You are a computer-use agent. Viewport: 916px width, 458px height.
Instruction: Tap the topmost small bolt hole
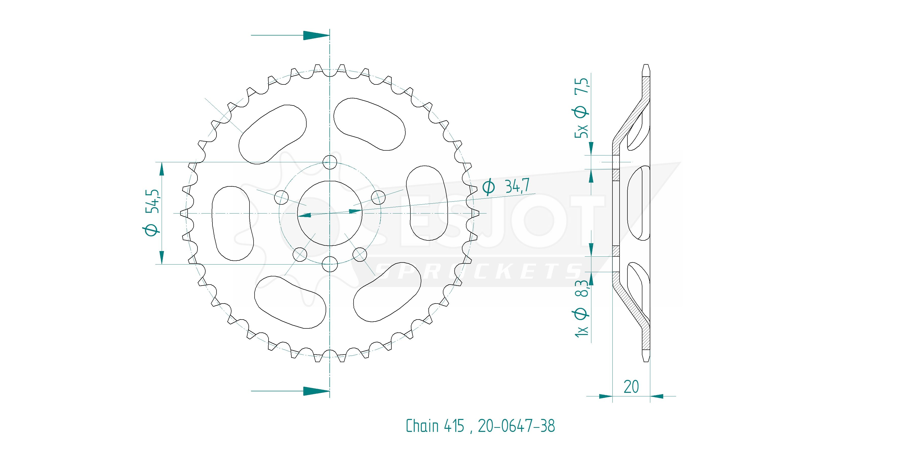click(x=330, y=162)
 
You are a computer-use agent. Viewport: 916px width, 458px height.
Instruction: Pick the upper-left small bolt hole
click(x=282, y=197)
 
